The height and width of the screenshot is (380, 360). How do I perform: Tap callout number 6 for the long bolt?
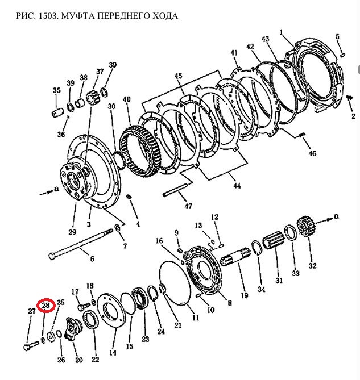pyautogui.click(x=92, y=259)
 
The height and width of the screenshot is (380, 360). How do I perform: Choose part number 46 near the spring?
pyautogui.click(x=312, y=154)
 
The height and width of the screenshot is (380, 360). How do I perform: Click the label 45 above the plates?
pyautogui.click(x=178, y=76)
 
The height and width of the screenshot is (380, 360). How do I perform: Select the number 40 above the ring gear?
pyautogui.click(x=126, y=99)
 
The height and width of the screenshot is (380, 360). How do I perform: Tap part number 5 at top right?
pyautogui.click(x=337, y=36)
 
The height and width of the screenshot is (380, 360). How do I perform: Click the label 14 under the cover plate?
pyautogui.click(x=113, y=353)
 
